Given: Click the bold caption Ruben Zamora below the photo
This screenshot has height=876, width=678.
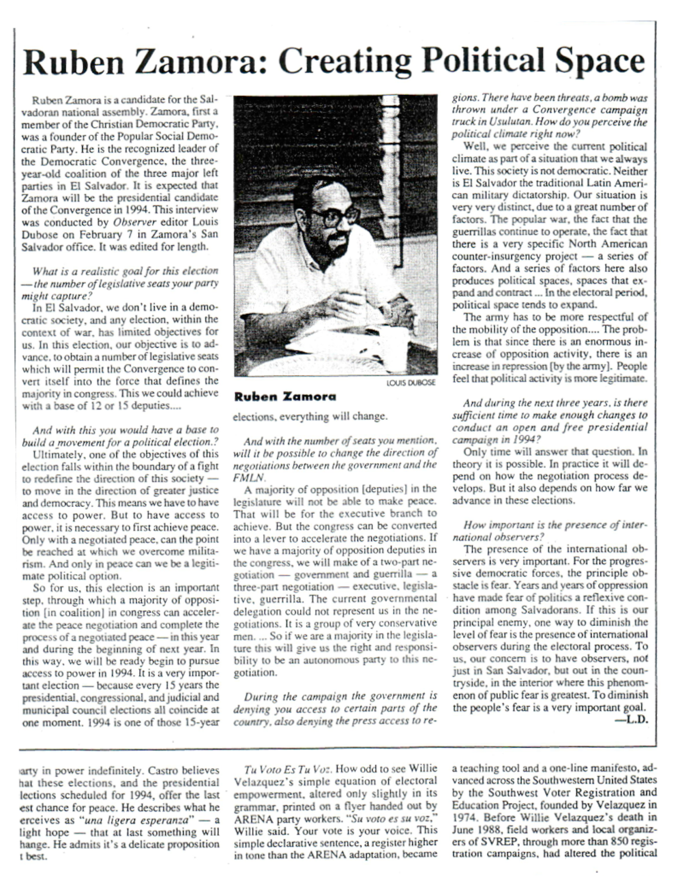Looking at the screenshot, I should [285, 397].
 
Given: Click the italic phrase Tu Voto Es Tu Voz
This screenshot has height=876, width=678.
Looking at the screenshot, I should [288, 769].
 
